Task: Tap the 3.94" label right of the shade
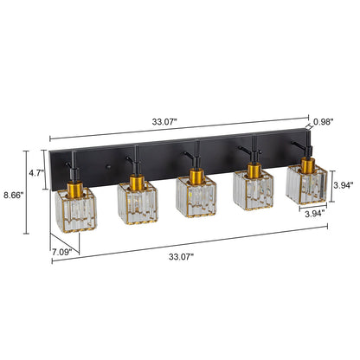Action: coord(345,185)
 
